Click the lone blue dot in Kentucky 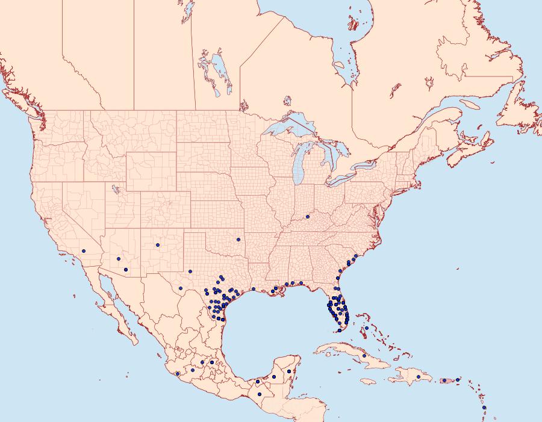point(308,217)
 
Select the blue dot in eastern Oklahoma point(238,240)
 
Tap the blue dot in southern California point(84,250)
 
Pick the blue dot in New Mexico point(157,244)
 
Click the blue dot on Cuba point(364,356)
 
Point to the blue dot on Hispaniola point(418,377)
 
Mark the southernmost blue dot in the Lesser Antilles point(484,408)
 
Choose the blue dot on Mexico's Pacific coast point(178,374)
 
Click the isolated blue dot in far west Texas point(189,271)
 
